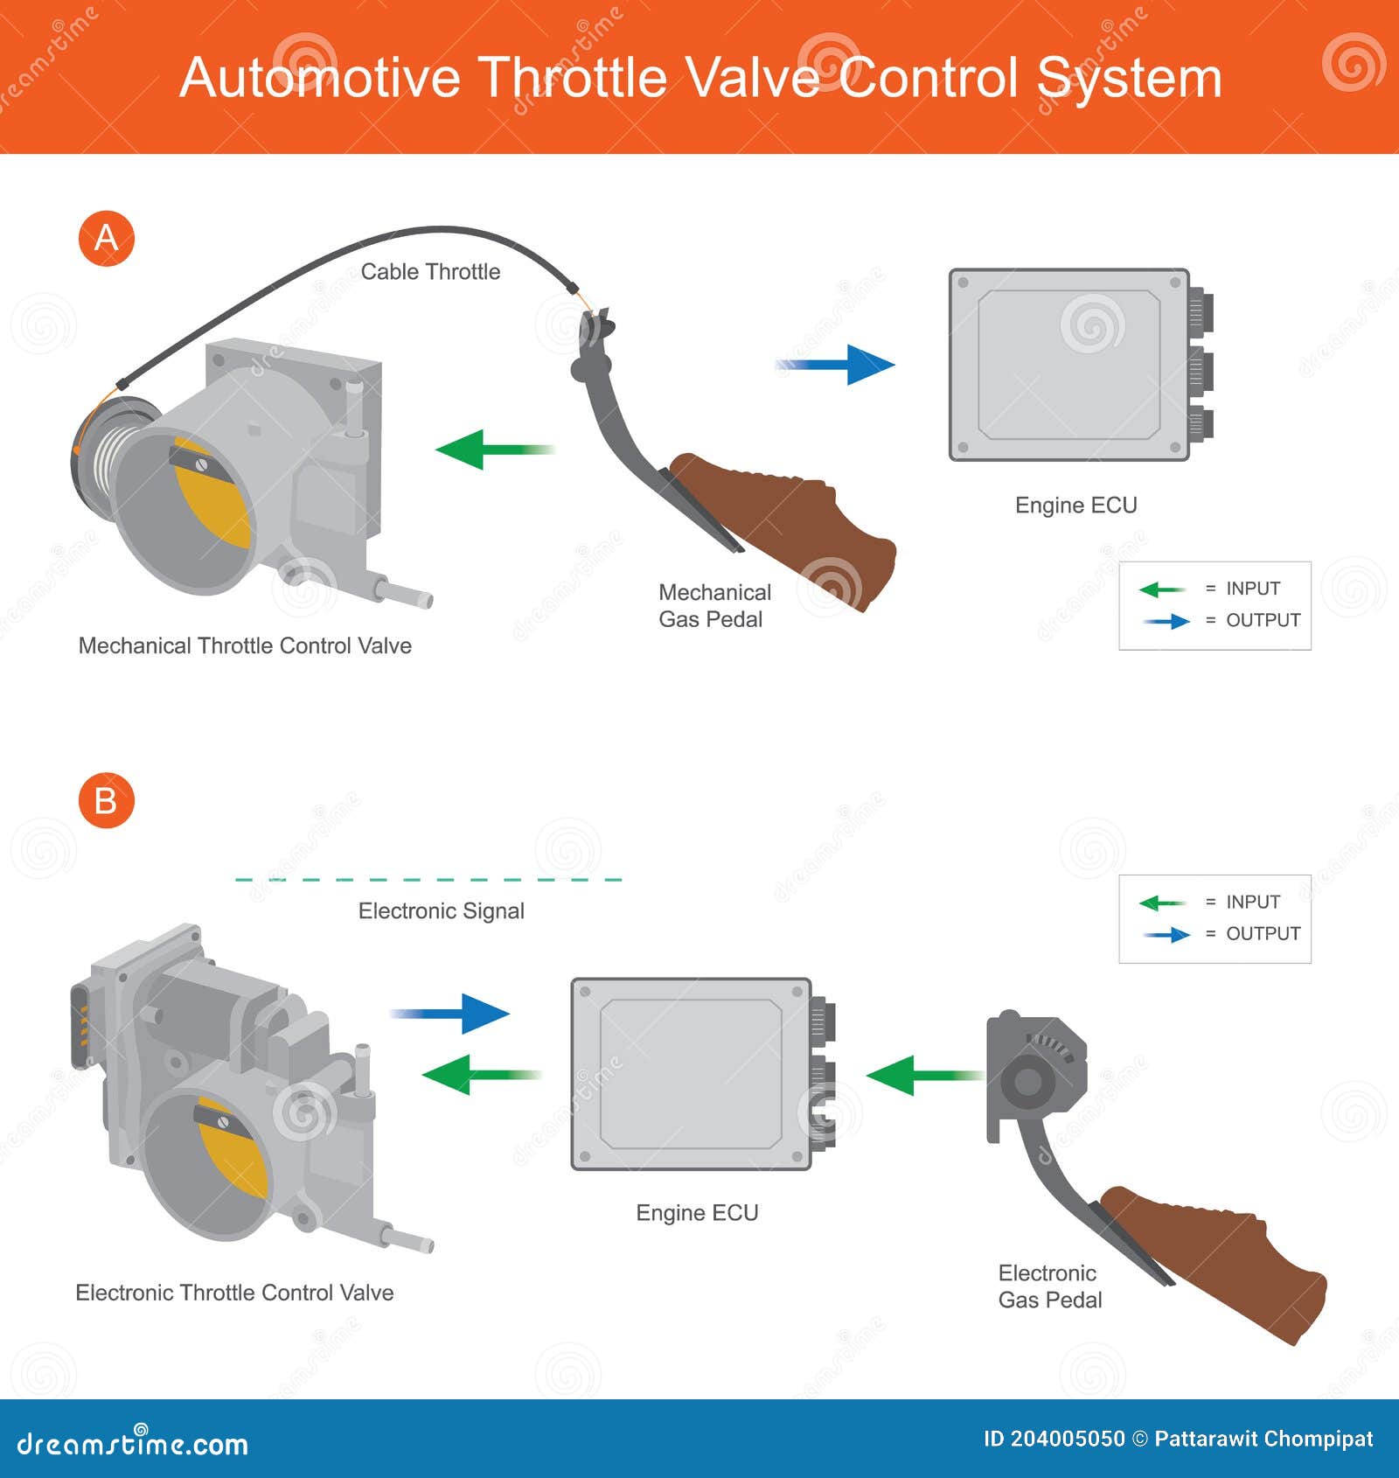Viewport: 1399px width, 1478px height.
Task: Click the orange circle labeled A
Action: (106, 238)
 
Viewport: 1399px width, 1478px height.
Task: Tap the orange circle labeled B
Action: (106, 800)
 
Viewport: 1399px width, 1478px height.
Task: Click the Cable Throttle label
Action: (430, 272)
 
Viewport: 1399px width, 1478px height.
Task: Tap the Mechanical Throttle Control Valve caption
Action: (245, 645)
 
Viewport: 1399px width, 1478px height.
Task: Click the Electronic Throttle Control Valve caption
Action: (234, 1293)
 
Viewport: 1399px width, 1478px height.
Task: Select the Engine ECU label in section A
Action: (1075, 505)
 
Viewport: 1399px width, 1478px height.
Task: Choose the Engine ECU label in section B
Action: (697, 1213)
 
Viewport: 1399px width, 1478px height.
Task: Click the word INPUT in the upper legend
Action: (1252, 589)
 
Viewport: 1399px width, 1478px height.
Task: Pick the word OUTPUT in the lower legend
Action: (1263, 933)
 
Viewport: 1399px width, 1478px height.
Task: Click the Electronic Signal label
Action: (441, 911)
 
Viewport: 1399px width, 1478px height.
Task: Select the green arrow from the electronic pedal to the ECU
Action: (922, 1075)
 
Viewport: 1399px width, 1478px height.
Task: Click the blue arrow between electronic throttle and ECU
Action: (451, 1014)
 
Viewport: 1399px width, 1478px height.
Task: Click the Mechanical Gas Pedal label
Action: (713, 605)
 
